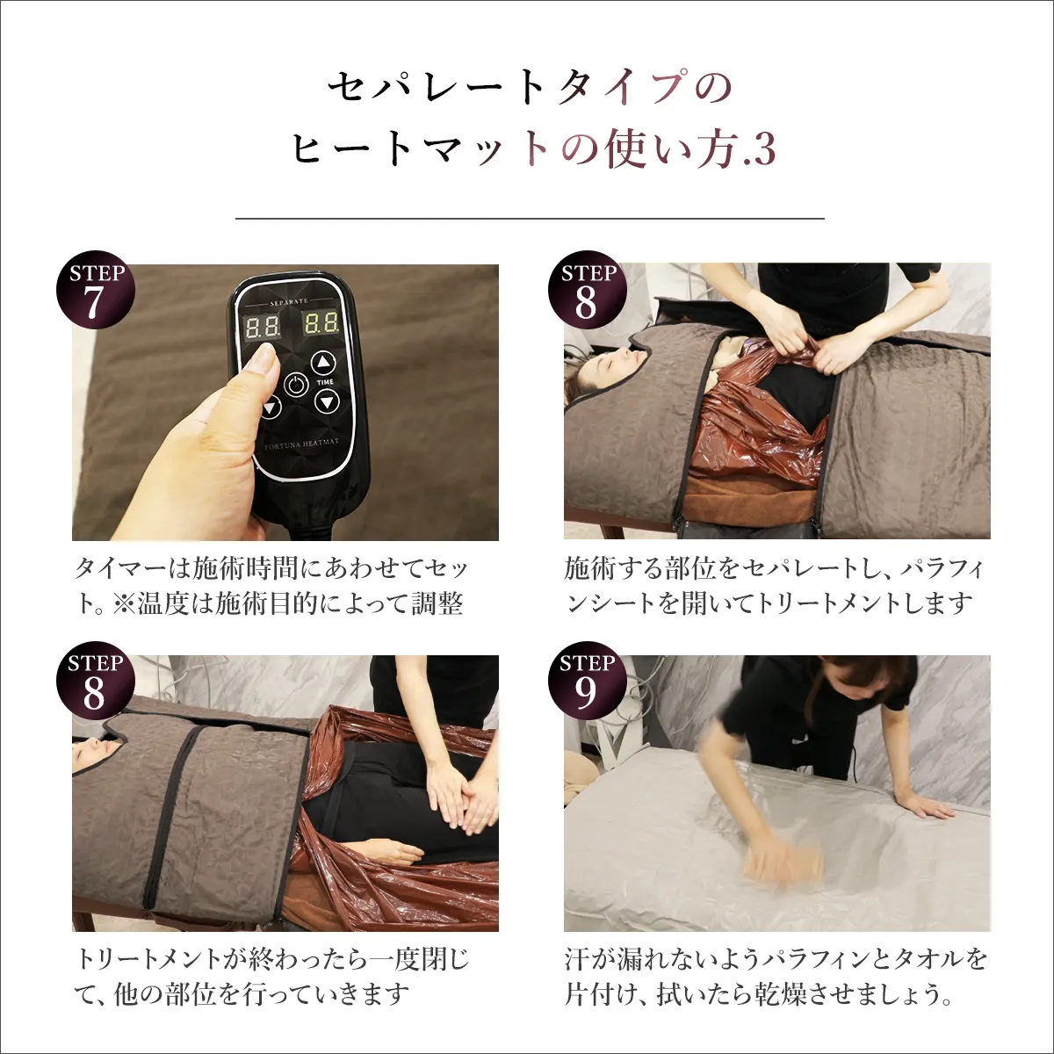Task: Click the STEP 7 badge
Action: [96, 290]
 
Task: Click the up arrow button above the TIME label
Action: [325, 364]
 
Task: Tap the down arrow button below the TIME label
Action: [327, 402]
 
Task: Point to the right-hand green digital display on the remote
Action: [321, 322]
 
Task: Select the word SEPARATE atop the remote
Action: [289, 301]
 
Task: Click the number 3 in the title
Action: [764, 149]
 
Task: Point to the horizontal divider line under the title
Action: [530, 218]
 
